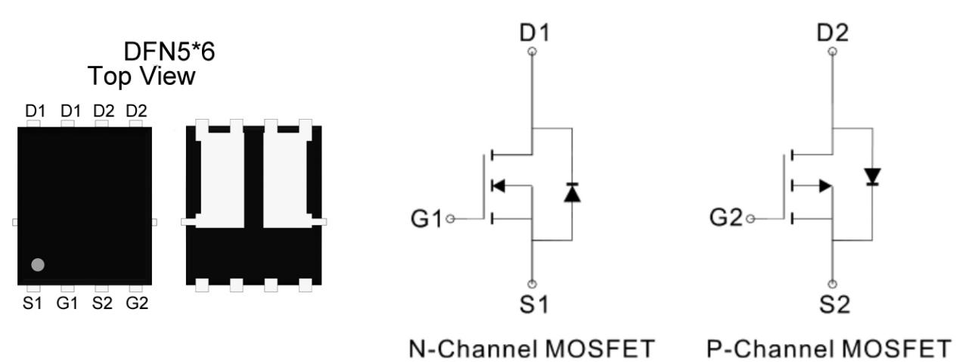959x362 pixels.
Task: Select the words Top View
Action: tap(141, 76)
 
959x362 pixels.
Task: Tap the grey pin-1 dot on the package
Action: tap(38, 264)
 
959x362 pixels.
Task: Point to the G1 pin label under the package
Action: tap(69, 304)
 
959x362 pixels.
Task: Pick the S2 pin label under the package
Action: tap(103, 304)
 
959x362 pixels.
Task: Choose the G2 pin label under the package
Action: tap(137, 304)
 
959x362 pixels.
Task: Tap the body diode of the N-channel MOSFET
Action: tap(573, 193)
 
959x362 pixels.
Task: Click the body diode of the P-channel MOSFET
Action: tap(874, 177)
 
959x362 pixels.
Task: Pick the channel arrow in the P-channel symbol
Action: tap(822, 185)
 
